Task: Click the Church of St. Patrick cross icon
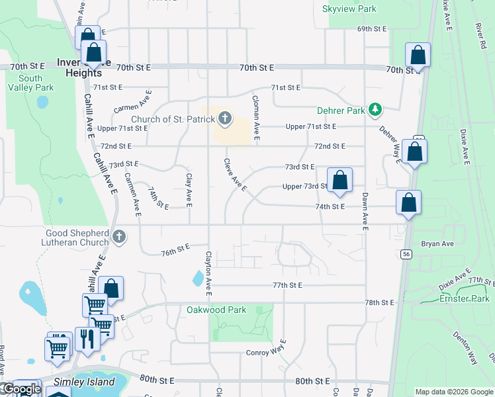225,119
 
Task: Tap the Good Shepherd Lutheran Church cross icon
119,236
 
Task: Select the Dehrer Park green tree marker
376,109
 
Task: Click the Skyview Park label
349,9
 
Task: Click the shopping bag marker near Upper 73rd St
339,181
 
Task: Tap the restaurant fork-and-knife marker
87,339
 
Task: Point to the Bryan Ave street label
437,244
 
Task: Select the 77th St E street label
287,285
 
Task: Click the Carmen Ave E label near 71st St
132,101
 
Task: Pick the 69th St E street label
371,29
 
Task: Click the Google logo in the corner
21,389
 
